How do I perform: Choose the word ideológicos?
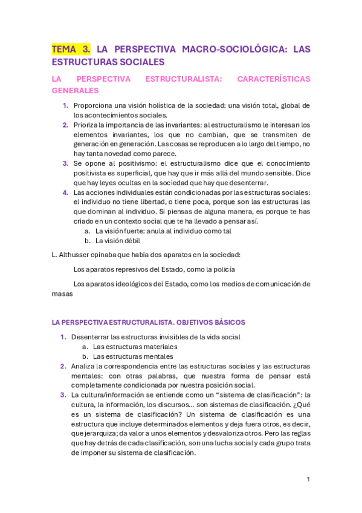[129, 284]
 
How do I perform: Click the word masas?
[62, 293]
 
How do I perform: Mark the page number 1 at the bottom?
[308, 479]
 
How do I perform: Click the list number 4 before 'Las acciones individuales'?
[65, 192]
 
